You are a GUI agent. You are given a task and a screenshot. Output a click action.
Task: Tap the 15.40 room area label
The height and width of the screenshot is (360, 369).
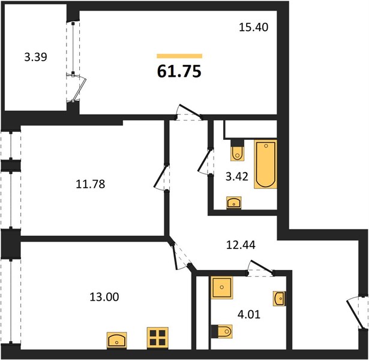[251, 27]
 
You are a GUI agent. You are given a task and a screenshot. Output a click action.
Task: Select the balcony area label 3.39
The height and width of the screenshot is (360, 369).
[35, 58]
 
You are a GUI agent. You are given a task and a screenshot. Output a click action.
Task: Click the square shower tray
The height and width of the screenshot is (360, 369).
[222, 288]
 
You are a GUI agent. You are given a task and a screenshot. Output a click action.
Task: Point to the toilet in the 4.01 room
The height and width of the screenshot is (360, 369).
[222, 331]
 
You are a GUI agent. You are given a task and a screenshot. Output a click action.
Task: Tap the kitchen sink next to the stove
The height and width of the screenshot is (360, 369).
[116, 340]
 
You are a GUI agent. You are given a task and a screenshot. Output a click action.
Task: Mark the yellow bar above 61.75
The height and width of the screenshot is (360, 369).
[179, 56]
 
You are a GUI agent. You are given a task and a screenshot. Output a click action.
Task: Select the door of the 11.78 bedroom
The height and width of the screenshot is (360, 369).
[160, 179]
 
